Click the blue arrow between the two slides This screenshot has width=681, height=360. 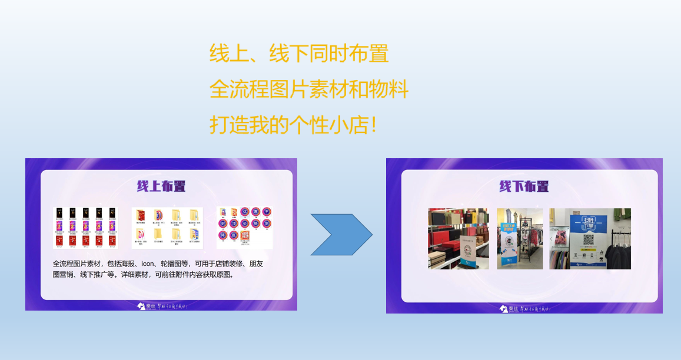tap(341, 235)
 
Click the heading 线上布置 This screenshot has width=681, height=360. tap(161, 186)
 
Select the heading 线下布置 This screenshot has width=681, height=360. tap(524, 186)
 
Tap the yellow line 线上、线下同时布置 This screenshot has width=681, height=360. tap(299, 54)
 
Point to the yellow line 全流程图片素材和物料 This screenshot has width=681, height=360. tap(308, 89)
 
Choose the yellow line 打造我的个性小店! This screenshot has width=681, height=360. tap(293, 125)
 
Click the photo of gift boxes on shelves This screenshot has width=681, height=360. tap(458, 238)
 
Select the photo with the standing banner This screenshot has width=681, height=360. tap(520, 238)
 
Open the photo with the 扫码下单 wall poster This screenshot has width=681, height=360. tap(590, 238)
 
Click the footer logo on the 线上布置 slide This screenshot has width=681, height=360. tap(161, 306)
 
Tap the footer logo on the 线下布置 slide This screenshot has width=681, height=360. tap(523, 309)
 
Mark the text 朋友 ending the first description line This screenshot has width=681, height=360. tap(256, 264)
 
